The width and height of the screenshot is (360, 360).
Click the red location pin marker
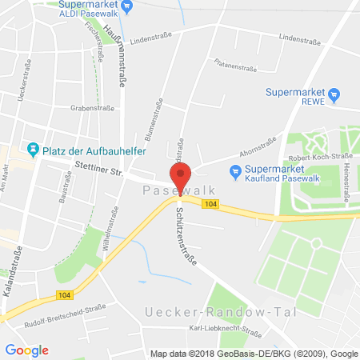(180, 175)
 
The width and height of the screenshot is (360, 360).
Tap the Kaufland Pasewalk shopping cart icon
(235, 170)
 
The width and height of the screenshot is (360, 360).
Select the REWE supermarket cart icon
(334, 95)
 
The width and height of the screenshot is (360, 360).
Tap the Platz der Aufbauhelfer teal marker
(33, 149)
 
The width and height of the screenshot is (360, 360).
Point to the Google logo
(26, 350)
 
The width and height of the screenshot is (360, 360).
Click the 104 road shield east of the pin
(210, 205)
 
